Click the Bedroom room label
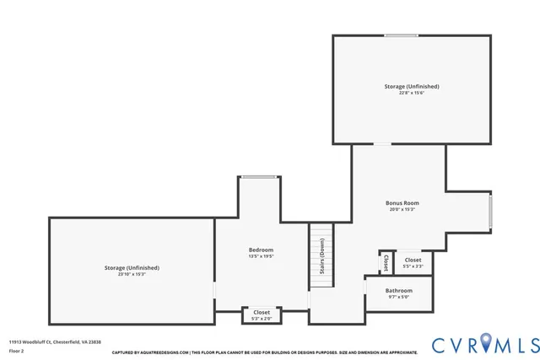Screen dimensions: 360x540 click(261, 250)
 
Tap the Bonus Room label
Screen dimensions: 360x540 click(403, 203)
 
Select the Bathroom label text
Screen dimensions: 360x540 click(399, 291)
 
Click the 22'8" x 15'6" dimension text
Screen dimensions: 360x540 click(411, 93)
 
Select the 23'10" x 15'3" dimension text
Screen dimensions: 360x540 click(132, 274)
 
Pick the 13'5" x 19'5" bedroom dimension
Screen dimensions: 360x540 click(261, 256)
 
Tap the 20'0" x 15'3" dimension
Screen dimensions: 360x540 click(403, 210)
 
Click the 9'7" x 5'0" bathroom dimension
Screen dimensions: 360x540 click(399, 298)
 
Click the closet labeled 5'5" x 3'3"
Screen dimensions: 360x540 click(413, 263)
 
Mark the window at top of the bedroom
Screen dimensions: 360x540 click(259, 176)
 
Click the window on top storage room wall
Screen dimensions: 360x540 click(401, 35)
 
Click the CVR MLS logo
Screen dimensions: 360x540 click(484, 344)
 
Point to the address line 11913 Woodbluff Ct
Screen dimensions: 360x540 click(42, 341)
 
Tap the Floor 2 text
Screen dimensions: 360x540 click(17, 350)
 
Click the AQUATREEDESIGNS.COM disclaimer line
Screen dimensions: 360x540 click(263, 352)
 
